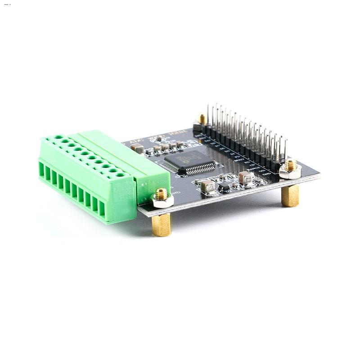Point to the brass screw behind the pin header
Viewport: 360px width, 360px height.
coord(202,120)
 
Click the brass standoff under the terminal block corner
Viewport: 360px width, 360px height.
coord(161,223)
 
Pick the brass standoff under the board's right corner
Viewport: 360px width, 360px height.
coord(290,195)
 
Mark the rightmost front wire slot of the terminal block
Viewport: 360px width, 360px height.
coord(102,209)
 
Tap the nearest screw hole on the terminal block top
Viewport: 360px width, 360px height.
coord(120,174)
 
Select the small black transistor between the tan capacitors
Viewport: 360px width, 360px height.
coord(224,185)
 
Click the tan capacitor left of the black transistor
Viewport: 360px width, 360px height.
coord(207,185)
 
